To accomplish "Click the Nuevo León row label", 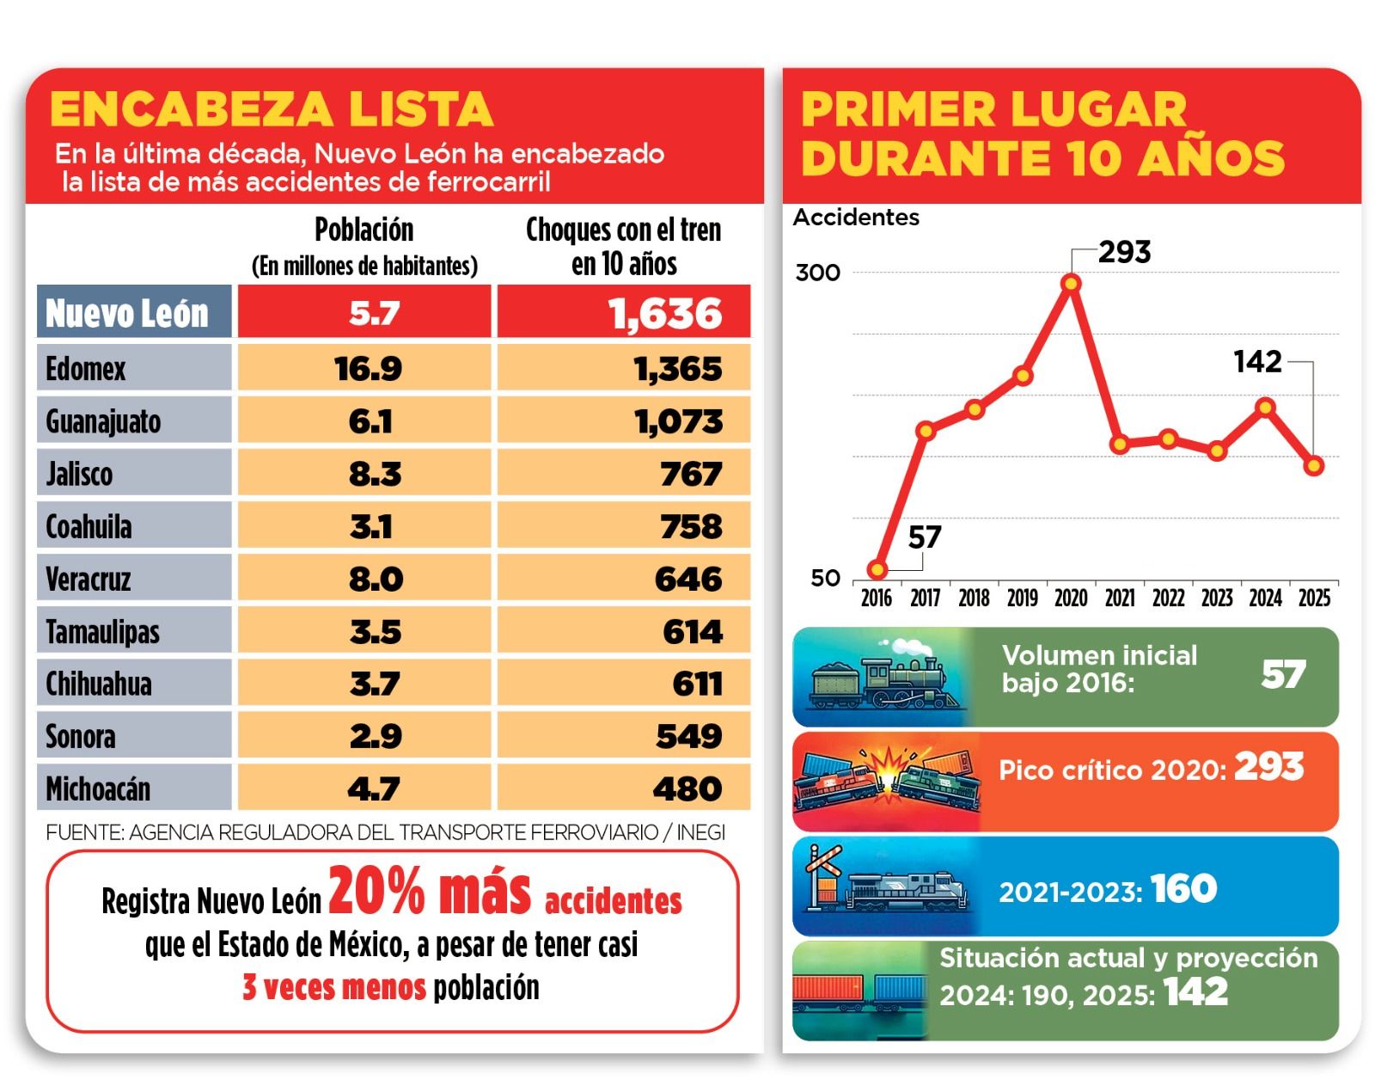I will pyautogui.click(x=127, y=313).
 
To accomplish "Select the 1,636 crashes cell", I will pyautogui.click(x=664, y=313).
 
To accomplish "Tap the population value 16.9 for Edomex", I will pyautogui.click(x=368, y=369).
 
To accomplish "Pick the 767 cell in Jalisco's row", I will pyautogui.click(x=691, y=474).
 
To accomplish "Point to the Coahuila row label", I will pyautogui.click(x=89, y=526).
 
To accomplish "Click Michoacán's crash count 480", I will pyautogui.click(x=687, y=789).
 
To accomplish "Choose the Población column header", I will pyautogui.click(x=364, y=230).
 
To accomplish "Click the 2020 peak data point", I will pyautogui.click(x=1071, y=283).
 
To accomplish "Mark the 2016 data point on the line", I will pyautogui.click(x=877, y=569).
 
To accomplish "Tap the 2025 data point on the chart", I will pyautogui.click(x=1313, y=466).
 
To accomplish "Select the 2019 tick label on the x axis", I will pyautogui.click(x=1022, y=598).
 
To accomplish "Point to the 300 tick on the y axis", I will pyautogui.click(x=817, y=273).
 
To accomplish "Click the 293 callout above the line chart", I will pyautogui.click(x=1124, y=252).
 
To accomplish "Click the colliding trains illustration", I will pyautogui.click(x=885, y=780).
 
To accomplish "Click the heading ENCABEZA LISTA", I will pyautogui.click(x=272, y=110).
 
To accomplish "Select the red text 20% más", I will pyautogui.click(x=430, y=891).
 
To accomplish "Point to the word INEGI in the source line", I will pyautogui.click(x=700, y=832).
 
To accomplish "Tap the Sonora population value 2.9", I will pyautogui.click(x=376, y=737).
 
